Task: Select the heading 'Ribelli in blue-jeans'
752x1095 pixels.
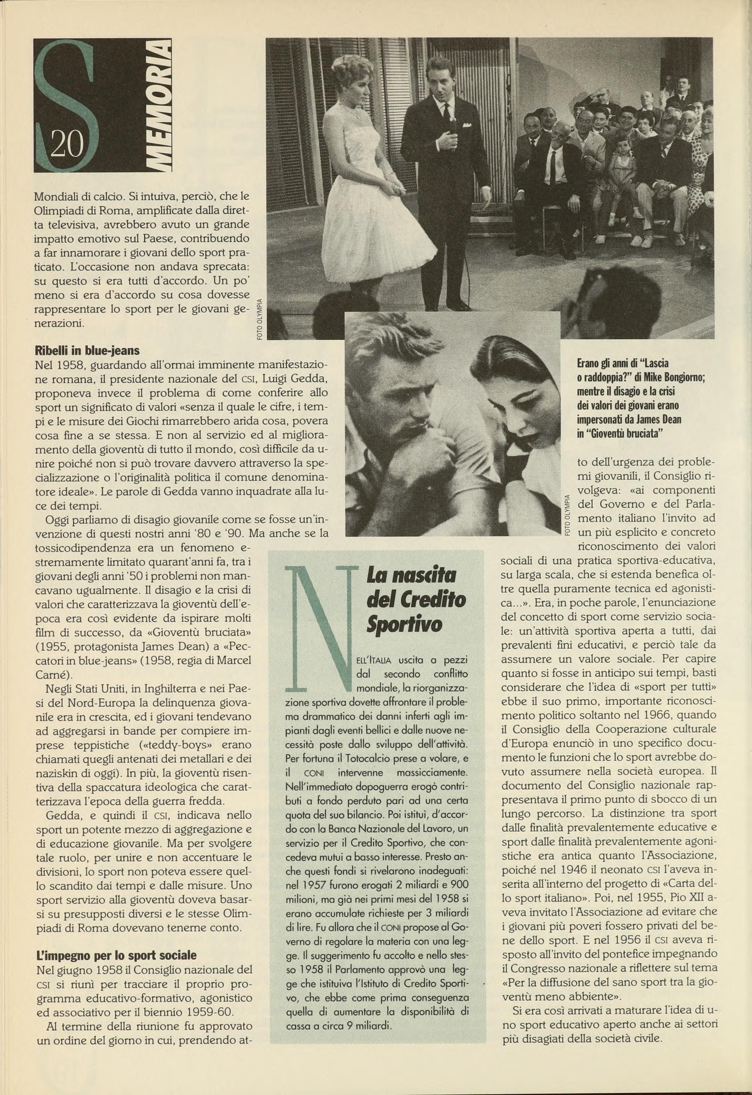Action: [x=87, y=351]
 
